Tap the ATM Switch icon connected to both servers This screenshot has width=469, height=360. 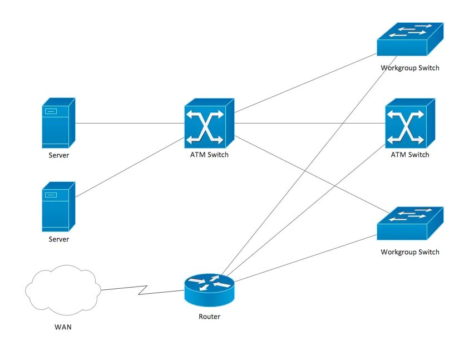pos(209,124)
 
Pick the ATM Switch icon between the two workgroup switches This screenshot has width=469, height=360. pos(409,124)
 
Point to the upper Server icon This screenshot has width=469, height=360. pos(58,123)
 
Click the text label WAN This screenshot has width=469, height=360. pos(62,327)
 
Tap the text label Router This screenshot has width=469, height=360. pos(209,317)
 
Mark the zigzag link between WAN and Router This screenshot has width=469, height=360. pos(144,289)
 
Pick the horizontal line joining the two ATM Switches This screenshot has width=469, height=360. pos(309,124)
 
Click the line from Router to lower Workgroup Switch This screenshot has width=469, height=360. pos(303,257)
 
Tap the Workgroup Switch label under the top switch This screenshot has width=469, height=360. pos(410,68)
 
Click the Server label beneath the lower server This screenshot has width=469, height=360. pos(58,239)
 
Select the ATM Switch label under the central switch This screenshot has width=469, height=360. pos(209,155)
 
